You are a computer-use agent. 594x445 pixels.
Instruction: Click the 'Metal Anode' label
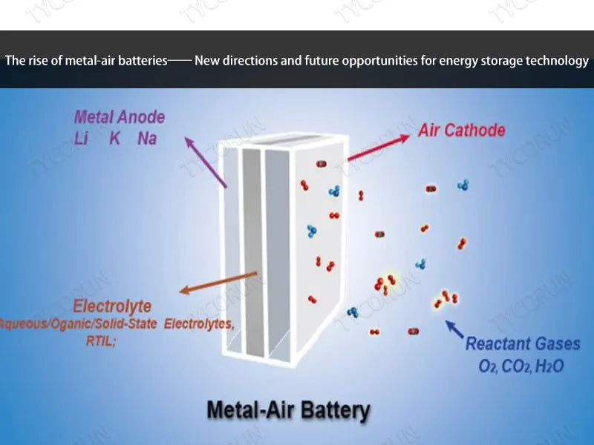[x=120, y=117]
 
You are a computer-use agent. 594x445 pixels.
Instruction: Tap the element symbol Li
[x=82, y=138]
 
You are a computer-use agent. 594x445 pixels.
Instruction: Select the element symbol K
[x=116, y=138]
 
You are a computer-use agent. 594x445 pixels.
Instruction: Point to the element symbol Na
[x=147, y=138]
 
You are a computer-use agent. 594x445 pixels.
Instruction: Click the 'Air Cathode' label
[x=461, y=131]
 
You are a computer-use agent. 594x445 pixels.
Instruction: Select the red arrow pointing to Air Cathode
[x=378, y=148]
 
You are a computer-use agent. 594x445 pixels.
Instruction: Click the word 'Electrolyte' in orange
[x=112, y=306]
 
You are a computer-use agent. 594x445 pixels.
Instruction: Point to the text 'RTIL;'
[x=102, y=341]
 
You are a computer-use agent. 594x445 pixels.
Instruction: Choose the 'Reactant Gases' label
[x=523, y=344]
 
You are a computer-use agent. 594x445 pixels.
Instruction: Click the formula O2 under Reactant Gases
[x=489, y=366]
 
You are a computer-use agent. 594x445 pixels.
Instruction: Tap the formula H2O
[x=549, y=366]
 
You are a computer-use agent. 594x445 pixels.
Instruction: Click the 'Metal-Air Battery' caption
[x=287, y=409]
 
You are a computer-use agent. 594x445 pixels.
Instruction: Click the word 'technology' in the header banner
[x=557, y=61]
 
